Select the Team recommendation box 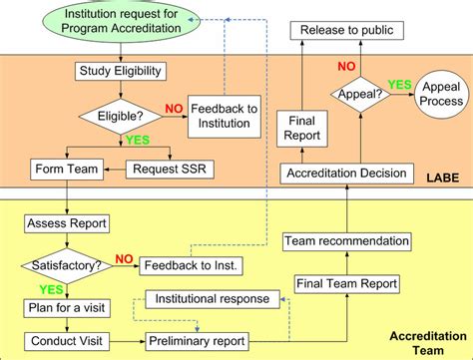click(346, 241)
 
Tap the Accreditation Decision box click(346, 174)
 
